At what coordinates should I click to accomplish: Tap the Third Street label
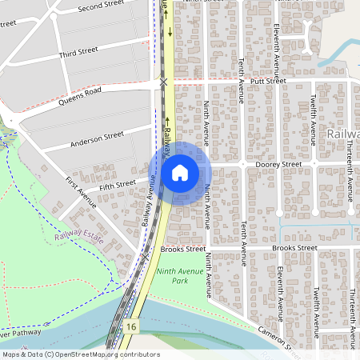(78, 52)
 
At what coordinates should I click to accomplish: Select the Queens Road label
(78, 96)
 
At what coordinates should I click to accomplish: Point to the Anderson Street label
(98, 141)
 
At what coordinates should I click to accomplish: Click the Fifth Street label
(118, 186)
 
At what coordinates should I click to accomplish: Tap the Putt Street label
(267, 81)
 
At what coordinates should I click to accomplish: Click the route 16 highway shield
(130, 326)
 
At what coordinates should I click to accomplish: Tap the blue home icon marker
(180, 172)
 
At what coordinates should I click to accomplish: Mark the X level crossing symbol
(163, 82)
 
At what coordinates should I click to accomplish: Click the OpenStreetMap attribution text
(80, 354)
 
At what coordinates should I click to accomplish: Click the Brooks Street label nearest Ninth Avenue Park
(182, 250)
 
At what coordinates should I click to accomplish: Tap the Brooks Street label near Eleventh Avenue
(294, 249)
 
